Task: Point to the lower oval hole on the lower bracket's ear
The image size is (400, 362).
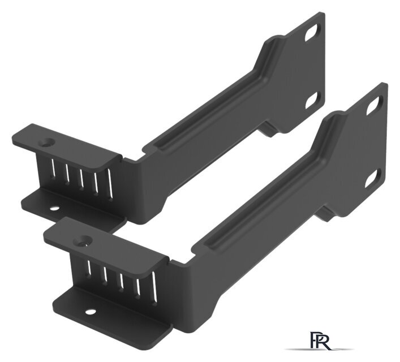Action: pyautogui.click(x=373, y=178)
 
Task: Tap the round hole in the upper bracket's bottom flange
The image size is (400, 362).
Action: pyautogui.click(x=54, y=208)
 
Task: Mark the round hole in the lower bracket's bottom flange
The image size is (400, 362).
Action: pyautogui.click(x=91, y=312)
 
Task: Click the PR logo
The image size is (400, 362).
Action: pyautogui.click(x=320, y=341)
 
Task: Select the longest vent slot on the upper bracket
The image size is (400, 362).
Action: pyautogui.click(x=110, y=183)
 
